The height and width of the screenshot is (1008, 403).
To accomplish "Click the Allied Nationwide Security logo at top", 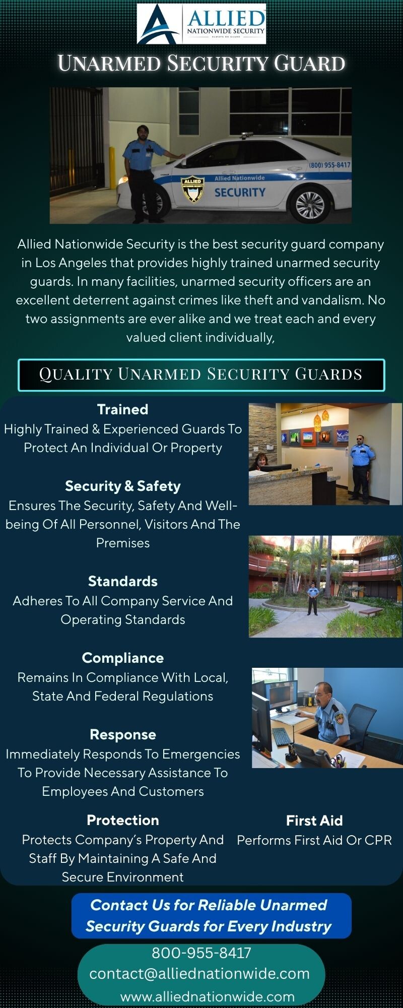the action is point(201,24).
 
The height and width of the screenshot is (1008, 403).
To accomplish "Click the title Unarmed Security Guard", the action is point(201,64).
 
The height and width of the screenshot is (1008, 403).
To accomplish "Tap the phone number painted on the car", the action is point(329,165).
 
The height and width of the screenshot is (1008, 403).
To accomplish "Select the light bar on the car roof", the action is point(247,135).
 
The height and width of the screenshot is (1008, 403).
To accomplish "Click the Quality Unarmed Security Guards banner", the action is point(201,374).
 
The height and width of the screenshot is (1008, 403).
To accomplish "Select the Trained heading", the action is point(123,409).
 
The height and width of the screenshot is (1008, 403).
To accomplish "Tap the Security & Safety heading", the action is point(123,486).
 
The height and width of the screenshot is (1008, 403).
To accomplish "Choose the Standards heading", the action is point(123,581).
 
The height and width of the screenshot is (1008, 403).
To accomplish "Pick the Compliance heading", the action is point(123,658).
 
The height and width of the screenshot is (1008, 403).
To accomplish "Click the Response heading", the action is point(123,734).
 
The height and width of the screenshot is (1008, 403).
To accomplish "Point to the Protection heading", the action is point(123,820).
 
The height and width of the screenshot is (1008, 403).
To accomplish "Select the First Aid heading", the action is point(314,821).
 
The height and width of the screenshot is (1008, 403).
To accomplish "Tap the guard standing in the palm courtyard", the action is point(313,599).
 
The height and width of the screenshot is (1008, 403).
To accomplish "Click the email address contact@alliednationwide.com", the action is point(199,973).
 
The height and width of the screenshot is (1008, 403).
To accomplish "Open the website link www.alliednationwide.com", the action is point(208,996).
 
